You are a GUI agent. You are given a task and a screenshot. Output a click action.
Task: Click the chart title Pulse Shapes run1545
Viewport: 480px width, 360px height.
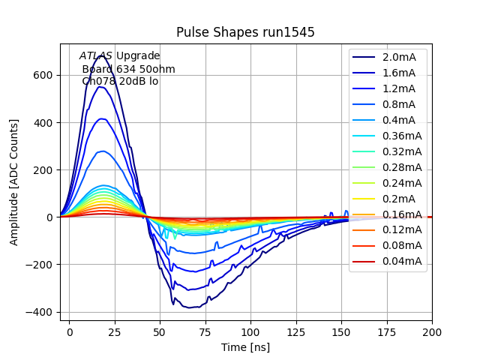tap(245, 32)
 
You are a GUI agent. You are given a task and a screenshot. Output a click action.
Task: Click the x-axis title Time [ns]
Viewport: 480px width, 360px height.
tap(245, 347)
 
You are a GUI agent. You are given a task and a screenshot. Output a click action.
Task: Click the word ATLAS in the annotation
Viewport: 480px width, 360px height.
tap(96, 55)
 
